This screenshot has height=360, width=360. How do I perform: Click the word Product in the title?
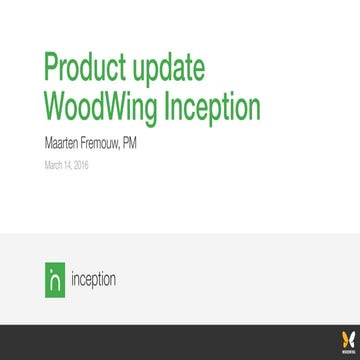coord(86,68)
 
